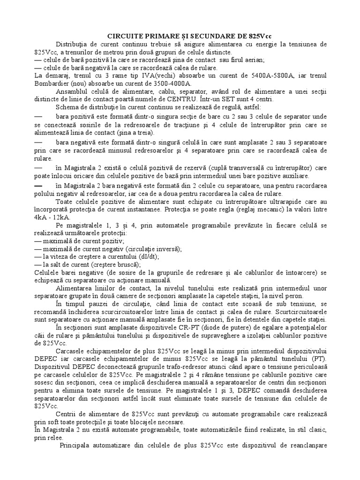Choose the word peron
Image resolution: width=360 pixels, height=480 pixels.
point(294,296)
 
